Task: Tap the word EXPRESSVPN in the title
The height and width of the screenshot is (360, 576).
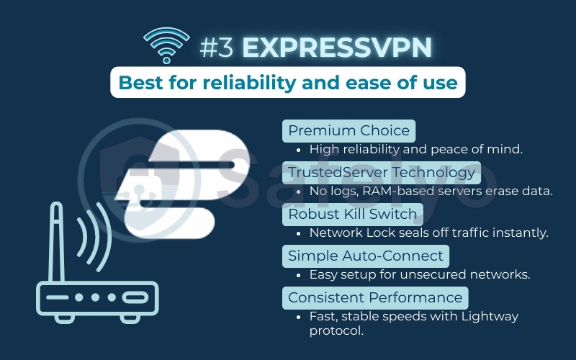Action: [x=337, y=47]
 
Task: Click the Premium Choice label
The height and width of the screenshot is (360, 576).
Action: [x=348, y=130]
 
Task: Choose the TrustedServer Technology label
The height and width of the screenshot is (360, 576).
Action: [x=382, y=172]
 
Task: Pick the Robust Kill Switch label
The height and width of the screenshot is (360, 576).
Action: [x=352, y=214]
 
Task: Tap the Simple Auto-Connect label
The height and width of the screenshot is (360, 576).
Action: [x=366, y=256]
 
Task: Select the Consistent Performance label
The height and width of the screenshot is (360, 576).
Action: [x=375, y=297]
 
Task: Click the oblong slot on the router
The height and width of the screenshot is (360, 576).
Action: [x=135, y=297]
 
